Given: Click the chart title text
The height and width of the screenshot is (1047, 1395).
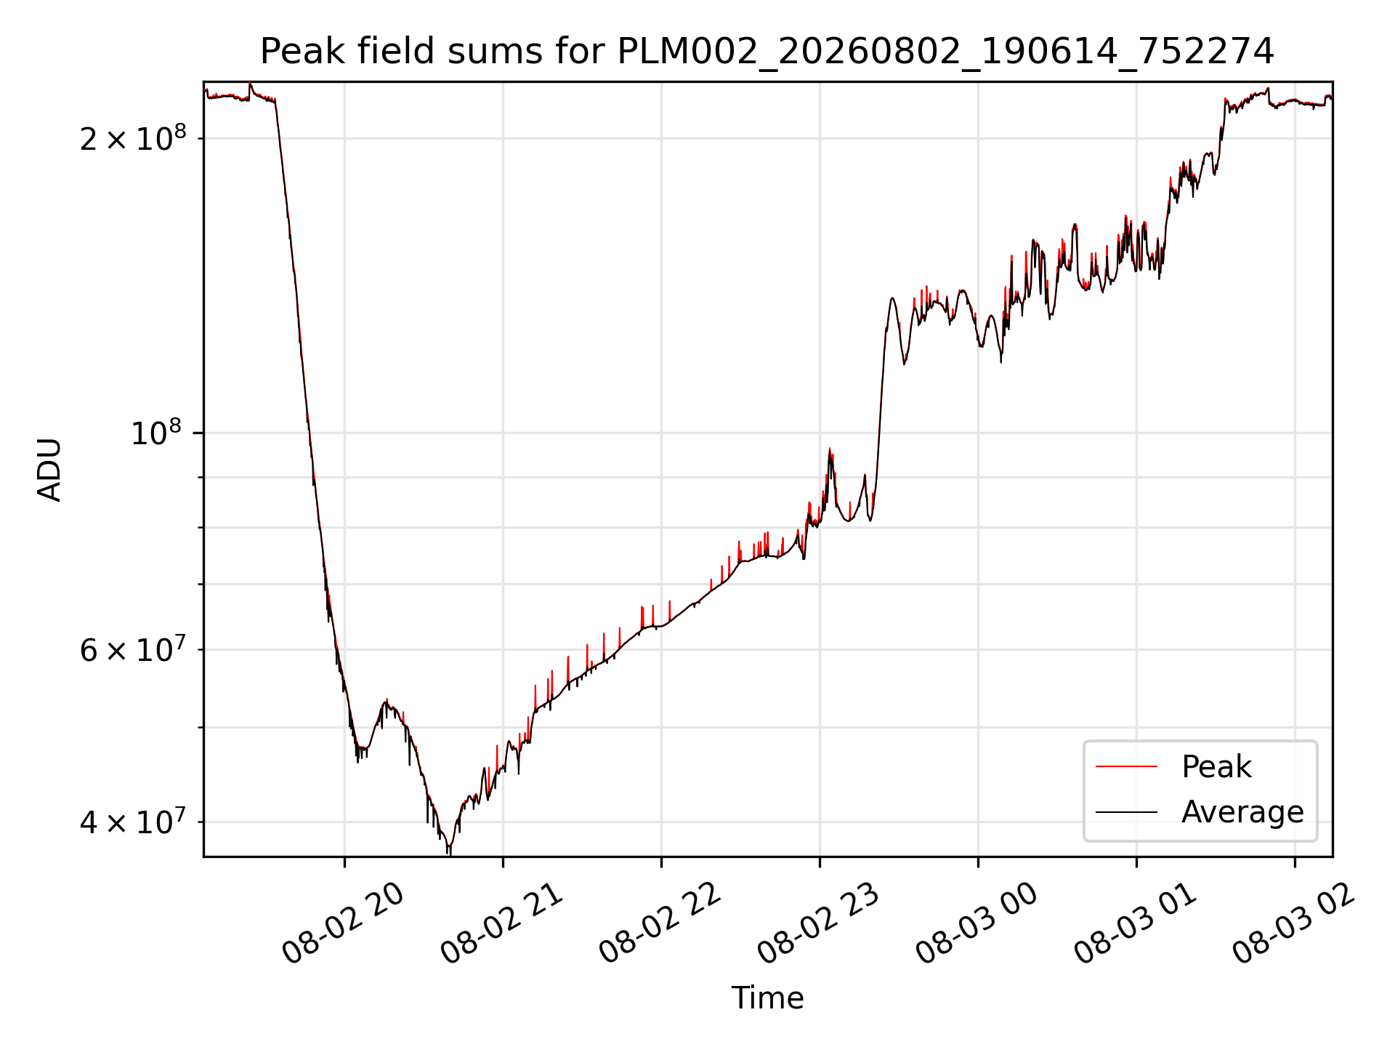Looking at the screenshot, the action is click(x=767, y=52).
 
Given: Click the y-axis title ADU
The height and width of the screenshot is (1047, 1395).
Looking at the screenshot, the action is click(x=49, y=470).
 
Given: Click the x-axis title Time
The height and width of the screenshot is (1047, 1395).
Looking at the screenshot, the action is click(x=767, y=998).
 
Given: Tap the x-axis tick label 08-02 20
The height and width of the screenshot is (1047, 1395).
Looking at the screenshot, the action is click(x=343, y=925).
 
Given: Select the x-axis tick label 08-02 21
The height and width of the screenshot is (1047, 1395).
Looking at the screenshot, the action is click(x=502, y=925).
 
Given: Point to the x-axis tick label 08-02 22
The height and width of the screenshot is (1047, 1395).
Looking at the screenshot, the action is click(x=660, y=925).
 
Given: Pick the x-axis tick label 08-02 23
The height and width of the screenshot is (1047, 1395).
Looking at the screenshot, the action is click(x=819, y=925).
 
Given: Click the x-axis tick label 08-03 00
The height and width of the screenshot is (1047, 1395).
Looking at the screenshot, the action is click(x=977, y=925).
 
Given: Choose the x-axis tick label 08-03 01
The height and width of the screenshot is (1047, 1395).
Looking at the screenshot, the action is click(x=1136, y=925).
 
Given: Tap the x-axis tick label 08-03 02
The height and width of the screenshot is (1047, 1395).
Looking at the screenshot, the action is click(x=1294, y=925).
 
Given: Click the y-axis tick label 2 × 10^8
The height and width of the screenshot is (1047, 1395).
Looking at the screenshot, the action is click(x=133, y=137).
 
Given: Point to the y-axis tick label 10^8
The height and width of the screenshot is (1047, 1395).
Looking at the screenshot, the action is click(x=155, y=433).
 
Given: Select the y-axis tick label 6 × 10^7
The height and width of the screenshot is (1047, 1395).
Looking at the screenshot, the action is click(x=133, y=649).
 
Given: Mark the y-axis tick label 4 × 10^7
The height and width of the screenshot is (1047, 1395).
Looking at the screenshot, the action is click(x=133, y=822).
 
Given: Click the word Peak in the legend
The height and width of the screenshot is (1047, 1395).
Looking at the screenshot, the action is click(x=1216, y=767).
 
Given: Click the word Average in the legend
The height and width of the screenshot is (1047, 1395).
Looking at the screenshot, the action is click(x=1242, y=812).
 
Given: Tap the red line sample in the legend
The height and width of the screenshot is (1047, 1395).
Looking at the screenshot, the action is click(x=1126, y=766).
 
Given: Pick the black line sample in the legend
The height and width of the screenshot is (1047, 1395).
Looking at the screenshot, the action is click(x=1126, y=811).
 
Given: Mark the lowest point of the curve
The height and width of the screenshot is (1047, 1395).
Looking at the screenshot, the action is click(x=449, y=854).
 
